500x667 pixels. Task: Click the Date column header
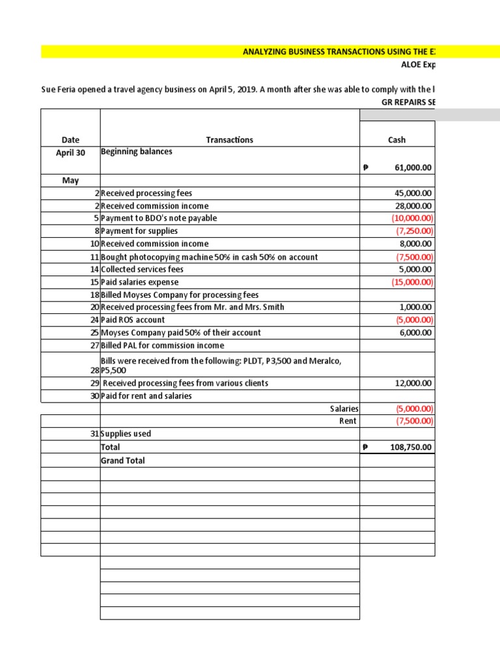70,140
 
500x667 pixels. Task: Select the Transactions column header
229,140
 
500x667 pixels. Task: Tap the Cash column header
396,140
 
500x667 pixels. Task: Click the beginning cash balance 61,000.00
413,168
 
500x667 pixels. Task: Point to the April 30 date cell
70,152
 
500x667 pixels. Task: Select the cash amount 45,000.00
413,193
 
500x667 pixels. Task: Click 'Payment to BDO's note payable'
159,218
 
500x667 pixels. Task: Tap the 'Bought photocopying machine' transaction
209,257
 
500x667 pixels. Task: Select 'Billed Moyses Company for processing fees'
179,294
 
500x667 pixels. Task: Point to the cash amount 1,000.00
417,307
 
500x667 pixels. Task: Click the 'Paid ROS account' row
133,320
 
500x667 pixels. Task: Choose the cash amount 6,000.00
417,332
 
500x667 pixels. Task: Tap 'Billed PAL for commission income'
162,345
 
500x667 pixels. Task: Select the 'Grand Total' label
123,461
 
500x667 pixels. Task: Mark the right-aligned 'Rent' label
347,421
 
